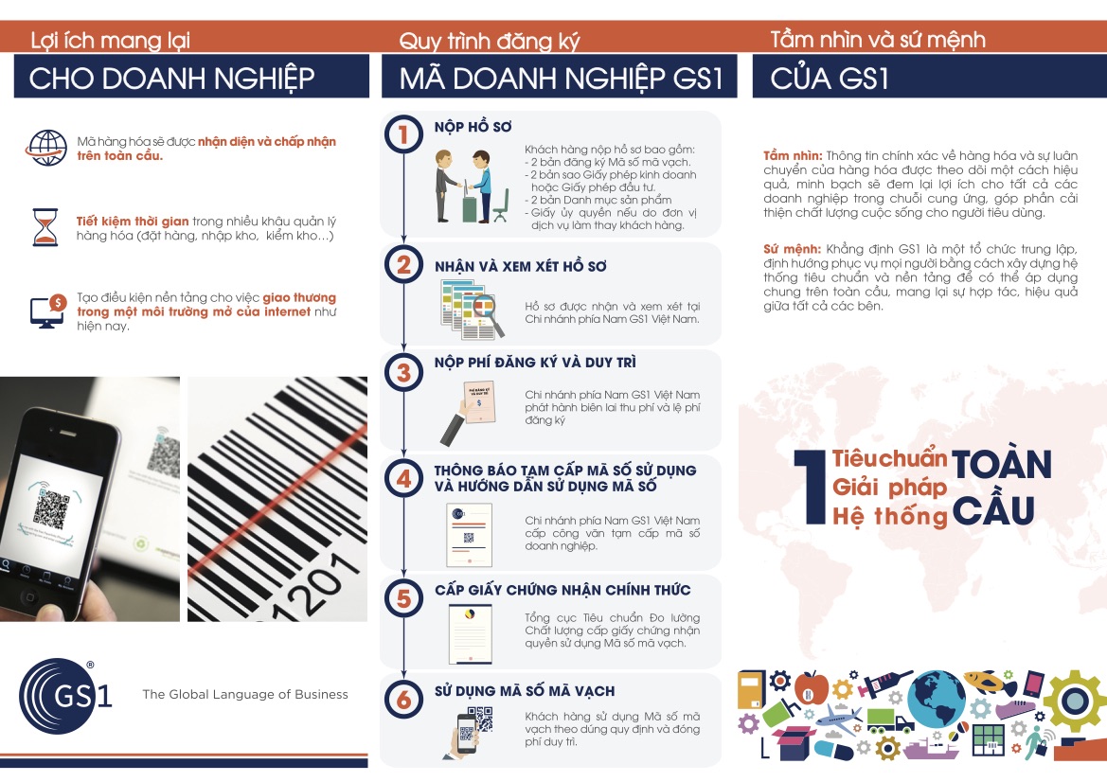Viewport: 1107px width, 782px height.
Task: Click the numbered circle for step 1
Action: pos(403,134)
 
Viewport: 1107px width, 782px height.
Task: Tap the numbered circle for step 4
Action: pos(403,478)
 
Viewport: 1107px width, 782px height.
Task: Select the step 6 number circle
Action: pos(403,699)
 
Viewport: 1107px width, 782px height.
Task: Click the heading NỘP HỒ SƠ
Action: pos(473,127)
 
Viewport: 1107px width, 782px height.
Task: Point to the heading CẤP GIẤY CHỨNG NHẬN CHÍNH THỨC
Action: pos(562,590)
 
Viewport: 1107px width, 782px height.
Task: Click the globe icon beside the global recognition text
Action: pos(46,149)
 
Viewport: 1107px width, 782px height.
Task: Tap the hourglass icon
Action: pos(45,226)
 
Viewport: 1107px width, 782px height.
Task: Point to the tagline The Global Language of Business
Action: pos(245,695)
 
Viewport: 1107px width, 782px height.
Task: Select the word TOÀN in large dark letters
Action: pos(1002,464)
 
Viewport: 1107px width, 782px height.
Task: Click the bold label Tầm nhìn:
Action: pos(792,156)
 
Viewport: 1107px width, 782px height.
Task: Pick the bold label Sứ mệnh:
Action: pos(792,249)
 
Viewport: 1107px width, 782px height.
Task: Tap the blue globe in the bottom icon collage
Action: pos(936,700)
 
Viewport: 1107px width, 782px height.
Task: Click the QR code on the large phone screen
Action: pos(51,507)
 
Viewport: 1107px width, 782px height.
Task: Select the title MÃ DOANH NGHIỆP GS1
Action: pos(562,78)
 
